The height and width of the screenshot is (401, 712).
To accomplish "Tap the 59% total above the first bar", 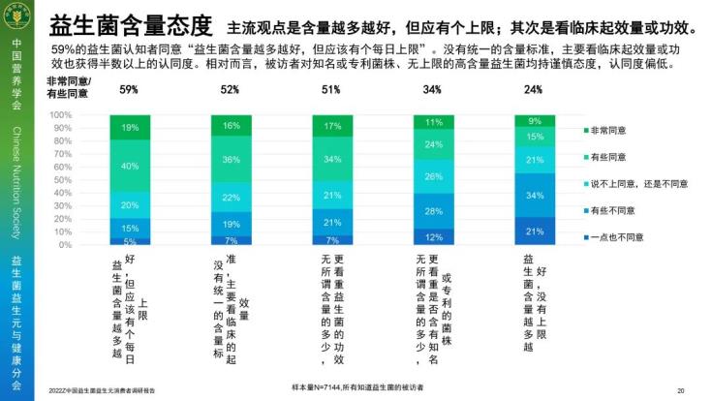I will coord(129,90).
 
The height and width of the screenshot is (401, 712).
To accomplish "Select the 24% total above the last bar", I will coord(533,90).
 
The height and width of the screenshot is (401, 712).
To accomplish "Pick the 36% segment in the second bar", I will coord(231,159).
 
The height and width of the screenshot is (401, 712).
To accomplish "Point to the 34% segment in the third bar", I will coord(332,159).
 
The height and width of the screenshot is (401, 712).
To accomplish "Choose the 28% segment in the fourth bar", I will coord(433,211).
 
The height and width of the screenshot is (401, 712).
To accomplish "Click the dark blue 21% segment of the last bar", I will coord(533,231).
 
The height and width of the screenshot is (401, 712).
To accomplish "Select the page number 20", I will coord(681,390).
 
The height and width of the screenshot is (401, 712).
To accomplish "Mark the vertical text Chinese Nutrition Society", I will coord(16,184).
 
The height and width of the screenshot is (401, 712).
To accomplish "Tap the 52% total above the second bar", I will coord(231,90).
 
